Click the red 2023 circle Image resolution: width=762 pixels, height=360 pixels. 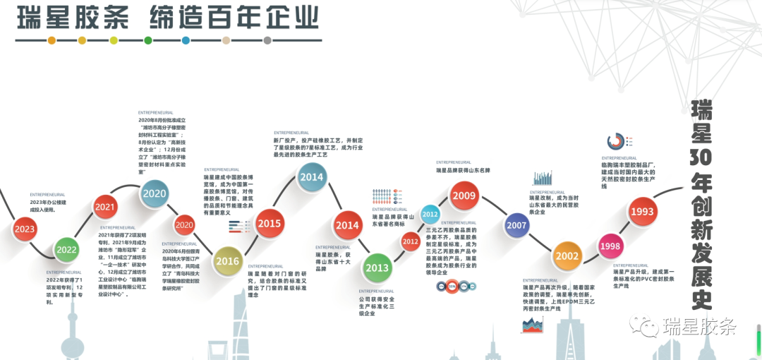coord(25,229)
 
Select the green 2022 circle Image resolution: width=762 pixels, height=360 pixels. coord(67,249)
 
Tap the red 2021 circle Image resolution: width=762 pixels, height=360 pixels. coord(105,207)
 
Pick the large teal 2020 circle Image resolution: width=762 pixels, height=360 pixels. coord(155,193)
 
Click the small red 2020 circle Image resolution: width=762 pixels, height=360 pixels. coord(184,225)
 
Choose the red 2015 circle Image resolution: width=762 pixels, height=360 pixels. coord(269,224)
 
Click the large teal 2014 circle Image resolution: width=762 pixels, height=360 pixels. coord(311,177)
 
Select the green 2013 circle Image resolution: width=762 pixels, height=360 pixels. coord(377,268)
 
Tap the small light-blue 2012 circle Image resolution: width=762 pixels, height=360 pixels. coord(430,214)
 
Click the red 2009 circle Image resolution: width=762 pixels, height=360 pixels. coord(464,196)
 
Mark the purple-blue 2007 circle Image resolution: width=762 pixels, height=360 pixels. coord(516,225)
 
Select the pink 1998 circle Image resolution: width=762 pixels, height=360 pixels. coord(610,246)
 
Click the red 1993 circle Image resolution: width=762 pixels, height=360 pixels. coord(643,211)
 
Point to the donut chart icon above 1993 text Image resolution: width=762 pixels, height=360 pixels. coord(616,141)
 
